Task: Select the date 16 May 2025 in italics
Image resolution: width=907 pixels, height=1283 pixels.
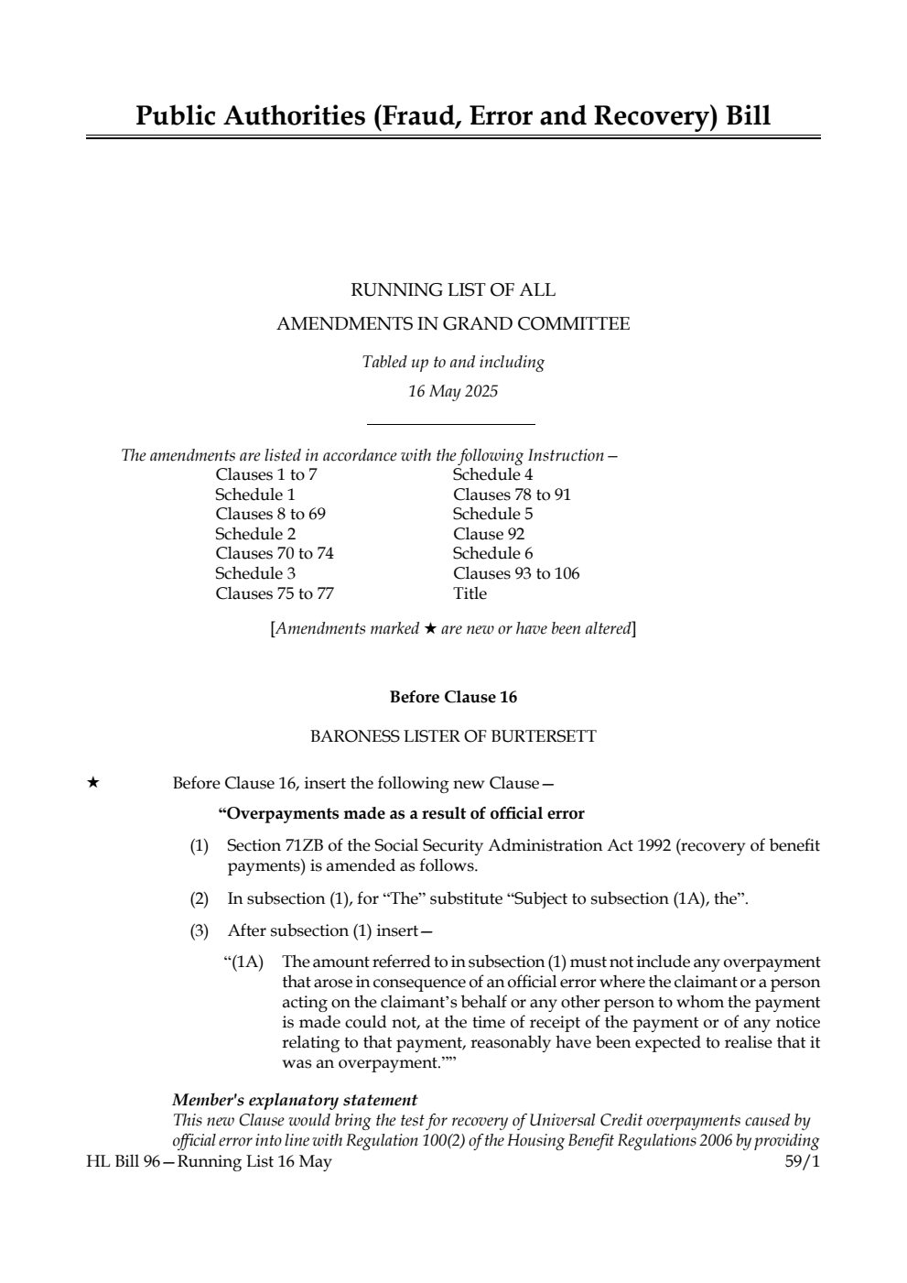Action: (x=453, y=392)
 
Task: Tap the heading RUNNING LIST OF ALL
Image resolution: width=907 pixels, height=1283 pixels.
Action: (x=453, y=290)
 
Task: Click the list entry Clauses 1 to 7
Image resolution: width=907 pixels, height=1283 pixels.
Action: (x=266, y=474)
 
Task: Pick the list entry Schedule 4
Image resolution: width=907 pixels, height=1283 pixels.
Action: (x=492, y=474)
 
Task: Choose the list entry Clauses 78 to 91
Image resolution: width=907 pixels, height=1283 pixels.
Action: (x=512, y=495)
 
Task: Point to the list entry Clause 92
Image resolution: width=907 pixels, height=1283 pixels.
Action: (x=489, y=534)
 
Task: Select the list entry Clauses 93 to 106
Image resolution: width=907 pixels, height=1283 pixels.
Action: (x=516, y=573)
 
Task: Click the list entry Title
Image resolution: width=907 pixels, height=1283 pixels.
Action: (x=470, y=593)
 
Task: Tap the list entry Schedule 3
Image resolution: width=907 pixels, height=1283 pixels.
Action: (x=255, y=573)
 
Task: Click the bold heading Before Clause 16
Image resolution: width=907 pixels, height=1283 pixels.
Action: (x=453, y=698)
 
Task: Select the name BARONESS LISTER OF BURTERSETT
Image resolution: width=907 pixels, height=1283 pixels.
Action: (x=453, y=736)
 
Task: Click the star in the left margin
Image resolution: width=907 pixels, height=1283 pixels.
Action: (x=92, y=783)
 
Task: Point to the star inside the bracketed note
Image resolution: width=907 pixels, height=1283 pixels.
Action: (x=430, y=629)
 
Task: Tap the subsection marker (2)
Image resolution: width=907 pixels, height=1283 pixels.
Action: (x=199, y=898)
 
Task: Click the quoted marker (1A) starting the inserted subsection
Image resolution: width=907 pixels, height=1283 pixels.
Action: (x=243, y=962)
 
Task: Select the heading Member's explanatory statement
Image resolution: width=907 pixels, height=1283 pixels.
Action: (x=295, y=1100)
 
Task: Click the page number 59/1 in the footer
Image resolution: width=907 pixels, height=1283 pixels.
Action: (x=802, y=1161)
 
